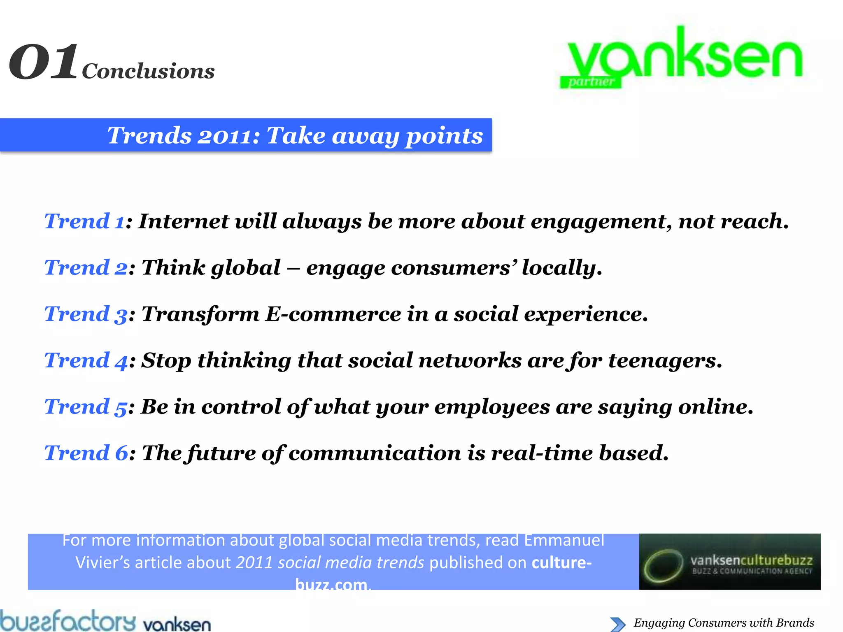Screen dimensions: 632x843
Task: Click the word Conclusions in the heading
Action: (148, 71)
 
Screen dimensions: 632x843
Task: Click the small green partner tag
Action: (591, 81)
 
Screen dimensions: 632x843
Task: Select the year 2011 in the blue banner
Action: (226, 136)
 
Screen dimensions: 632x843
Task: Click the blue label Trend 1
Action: (84, 221)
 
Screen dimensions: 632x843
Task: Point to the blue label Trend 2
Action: (86, 268)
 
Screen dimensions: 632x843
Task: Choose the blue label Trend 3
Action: (86, 314)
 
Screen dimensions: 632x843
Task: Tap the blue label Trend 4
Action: (86, 361)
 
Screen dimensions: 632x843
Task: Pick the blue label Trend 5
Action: (86, 407)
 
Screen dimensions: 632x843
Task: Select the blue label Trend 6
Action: (86, 453)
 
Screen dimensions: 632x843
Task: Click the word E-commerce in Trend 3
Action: (333, 314)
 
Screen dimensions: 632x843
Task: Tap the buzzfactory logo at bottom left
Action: (68, 621)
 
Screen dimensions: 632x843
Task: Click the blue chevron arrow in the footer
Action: (617, 624)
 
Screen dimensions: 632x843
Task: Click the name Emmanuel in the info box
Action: (564, 540)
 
